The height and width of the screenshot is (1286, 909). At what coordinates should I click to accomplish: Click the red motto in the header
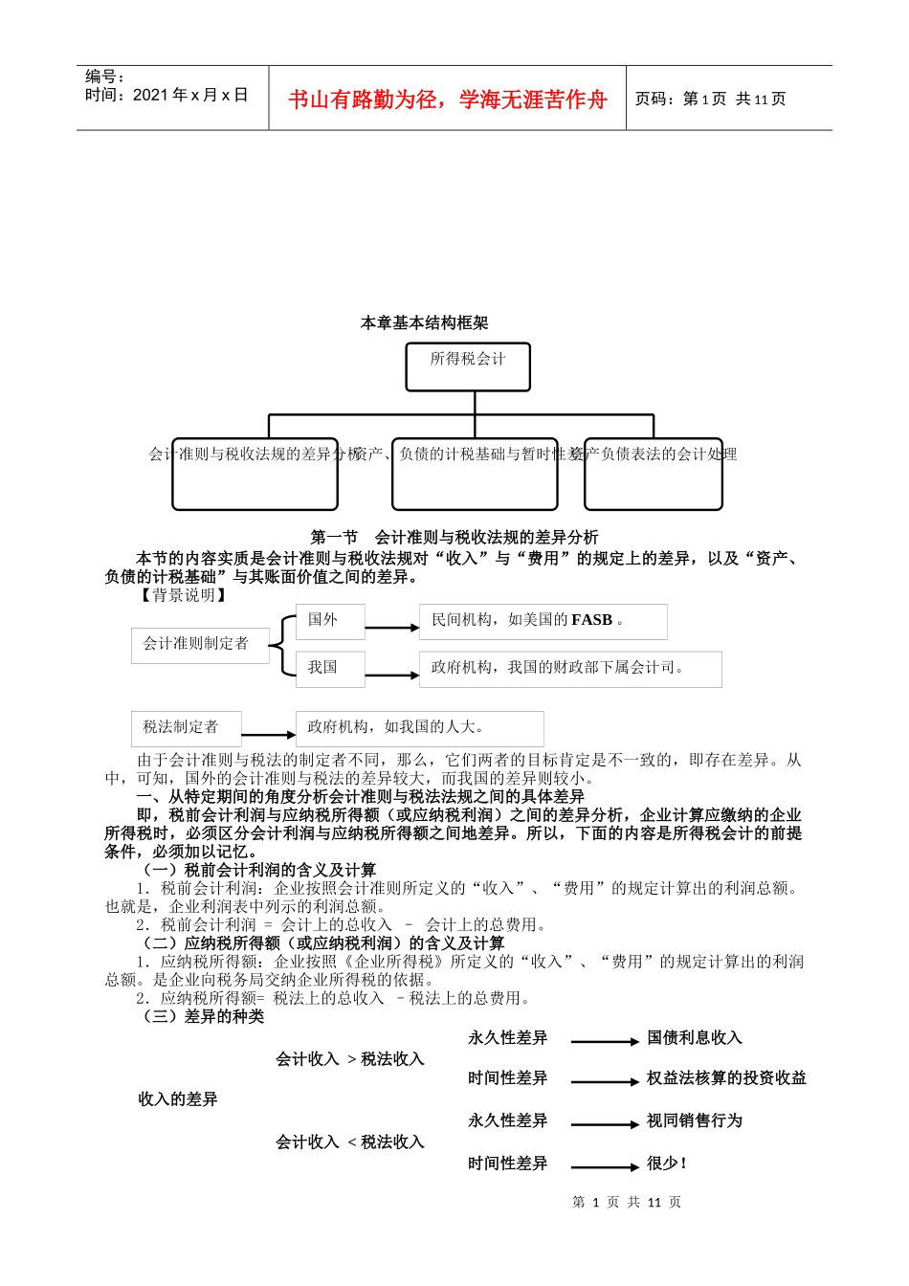447,100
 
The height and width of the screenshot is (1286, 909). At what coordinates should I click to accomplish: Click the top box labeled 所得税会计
467,366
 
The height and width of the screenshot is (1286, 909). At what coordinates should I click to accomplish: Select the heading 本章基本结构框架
424,323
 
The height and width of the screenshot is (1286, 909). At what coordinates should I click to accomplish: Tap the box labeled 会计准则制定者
196,645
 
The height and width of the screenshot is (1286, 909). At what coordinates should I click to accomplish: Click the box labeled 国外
330,620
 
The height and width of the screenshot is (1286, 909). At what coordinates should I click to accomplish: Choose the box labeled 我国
330,668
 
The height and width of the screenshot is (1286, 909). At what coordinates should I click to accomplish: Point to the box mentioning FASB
543,621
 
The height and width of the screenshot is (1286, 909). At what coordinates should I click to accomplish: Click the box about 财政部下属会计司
570,669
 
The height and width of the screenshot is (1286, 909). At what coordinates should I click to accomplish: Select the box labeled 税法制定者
187,728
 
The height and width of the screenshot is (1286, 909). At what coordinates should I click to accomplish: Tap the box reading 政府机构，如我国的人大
419,728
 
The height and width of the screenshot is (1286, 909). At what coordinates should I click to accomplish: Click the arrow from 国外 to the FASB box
392,628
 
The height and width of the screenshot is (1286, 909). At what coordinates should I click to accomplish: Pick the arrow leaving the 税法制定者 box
269,735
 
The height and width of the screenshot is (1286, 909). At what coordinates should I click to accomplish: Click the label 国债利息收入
694,1038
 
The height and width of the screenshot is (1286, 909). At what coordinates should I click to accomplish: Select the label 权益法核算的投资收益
726,1078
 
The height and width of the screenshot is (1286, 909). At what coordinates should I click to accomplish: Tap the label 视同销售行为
694,1120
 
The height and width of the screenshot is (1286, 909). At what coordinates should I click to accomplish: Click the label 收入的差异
178,1099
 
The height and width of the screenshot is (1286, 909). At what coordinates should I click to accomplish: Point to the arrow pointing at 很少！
604,1166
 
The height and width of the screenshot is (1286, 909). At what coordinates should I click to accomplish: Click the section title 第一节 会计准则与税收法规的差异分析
454,538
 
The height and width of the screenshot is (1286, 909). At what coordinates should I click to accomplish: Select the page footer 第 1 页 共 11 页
627,1203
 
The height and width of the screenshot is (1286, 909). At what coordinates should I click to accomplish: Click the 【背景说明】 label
183,595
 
